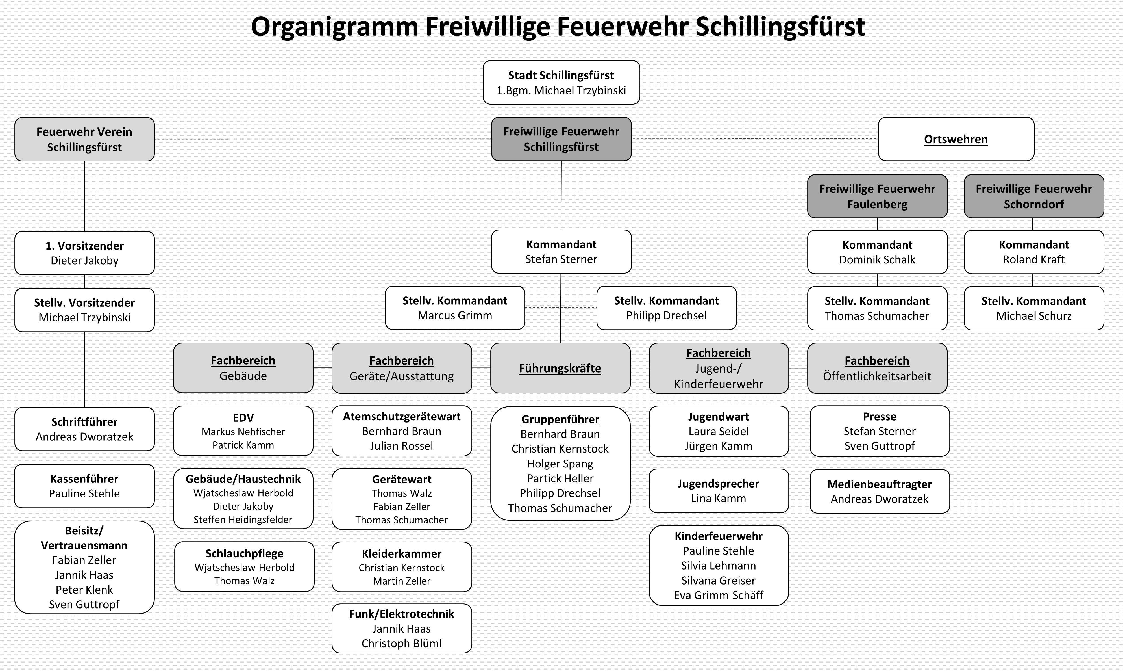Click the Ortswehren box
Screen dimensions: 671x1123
[x=956, y=139]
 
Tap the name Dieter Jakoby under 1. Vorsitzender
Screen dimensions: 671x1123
[x=84, y=261]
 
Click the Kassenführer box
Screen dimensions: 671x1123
[x=84, y=486]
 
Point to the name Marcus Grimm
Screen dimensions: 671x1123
[x=455, y=316]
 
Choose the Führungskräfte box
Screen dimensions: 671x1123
[x=560, y=368]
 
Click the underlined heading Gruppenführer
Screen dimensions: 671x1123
[x=560, y=420]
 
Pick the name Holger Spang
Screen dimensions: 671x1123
[x=560, y=464]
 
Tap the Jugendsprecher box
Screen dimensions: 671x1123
[x=718, y=491]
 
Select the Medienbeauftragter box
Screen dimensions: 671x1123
[x=880, y=492]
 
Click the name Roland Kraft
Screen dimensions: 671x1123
[x=1033, y=259]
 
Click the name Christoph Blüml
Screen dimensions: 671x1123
[x=402, y=643]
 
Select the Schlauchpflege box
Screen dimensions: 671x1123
[x=244, y=566]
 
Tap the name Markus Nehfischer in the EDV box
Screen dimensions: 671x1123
[x=243, y=432]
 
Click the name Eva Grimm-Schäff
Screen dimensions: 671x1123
[x=718, y=596]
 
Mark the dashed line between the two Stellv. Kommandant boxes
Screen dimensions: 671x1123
[x=561, y=308]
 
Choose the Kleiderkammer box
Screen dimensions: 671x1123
[x=402, y=567]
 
